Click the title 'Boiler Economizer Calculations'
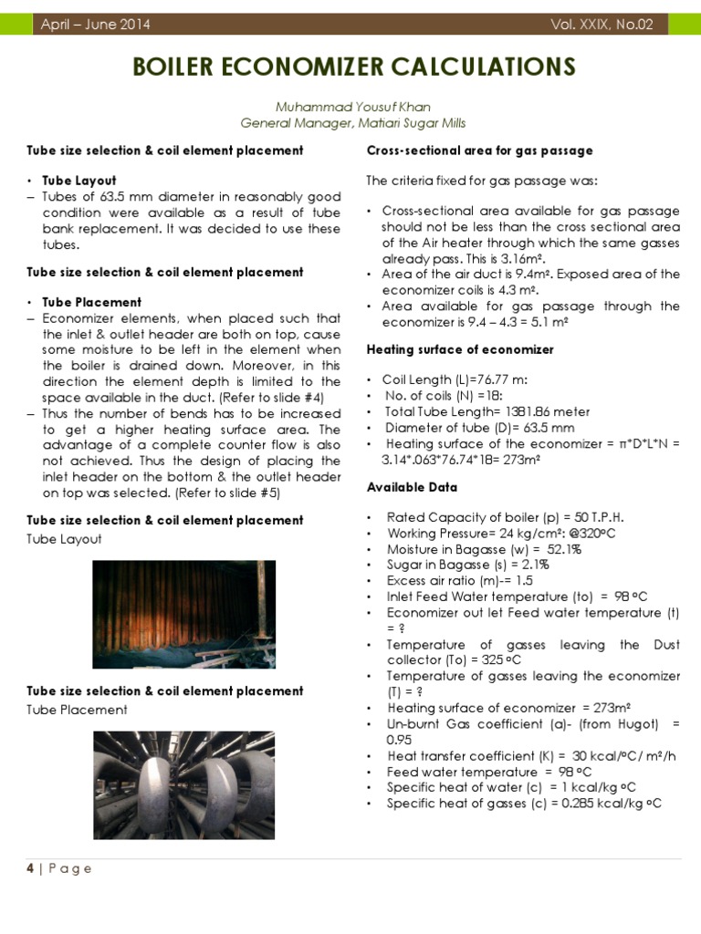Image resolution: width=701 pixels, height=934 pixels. pos(354,67)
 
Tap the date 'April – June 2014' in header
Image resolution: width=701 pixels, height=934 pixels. pos(96,25)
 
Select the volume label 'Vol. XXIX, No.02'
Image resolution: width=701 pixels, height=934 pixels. pos(602,25)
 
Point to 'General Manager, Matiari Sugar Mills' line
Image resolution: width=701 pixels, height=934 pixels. pos(353,122)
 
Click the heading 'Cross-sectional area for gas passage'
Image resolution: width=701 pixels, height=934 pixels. pos(479,150)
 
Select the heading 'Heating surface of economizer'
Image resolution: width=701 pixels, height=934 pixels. pos(459,349)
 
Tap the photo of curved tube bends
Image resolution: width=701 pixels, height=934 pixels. pos(183,784)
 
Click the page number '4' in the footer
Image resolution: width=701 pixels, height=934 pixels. pos(30,868)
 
